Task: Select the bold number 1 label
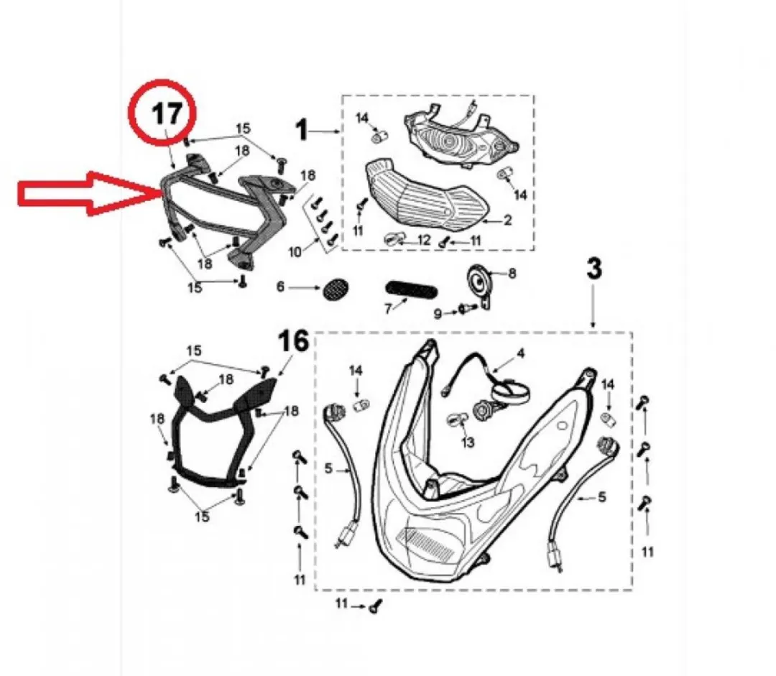pyautogui.click(x=301, y=131)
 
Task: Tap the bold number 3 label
pyautogui.click(x=594, y=268)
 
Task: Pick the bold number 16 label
pyautogui.click(x=293, y=341)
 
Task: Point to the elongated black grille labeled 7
pyautogui.click(x=411, y=290)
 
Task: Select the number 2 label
pyautogui.click(x=507, y=220)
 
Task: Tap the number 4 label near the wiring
pyautogui.click(x=519, y=353)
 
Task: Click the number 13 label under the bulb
pyautogui.click(x=467, y=441)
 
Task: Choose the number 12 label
pyautogui.click(x=424, y=241)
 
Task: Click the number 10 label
pyautogui.click(x=295, y=252)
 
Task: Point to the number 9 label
pyautogui.click(x=438, y=314)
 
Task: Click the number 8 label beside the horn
pyautogui.click(x=512, y=273)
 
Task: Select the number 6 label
pyautogui.click(x=281, y=287)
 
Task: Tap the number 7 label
pyautogui.click(x=389, y=309)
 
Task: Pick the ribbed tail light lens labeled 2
pyautogui.click(x=427, y=195)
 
